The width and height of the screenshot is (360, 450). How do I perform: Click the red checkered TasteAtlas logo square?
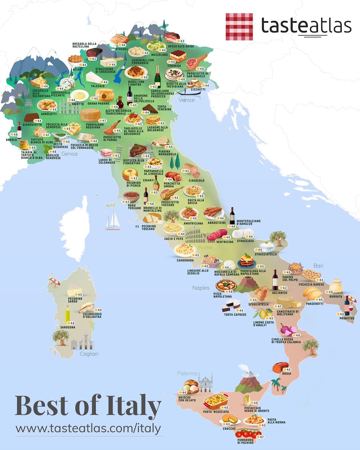239,26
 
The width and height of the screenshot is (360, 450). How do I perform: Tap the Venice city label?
187,100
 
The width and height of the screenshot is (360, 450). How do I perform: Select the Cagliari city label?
89,354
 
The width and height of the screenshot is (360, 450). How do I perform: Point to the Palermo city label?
187,373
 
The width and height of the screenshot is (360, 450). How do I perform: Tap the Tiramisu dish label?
174,66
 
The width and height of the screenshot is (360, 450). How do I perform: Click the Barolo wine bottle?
19,130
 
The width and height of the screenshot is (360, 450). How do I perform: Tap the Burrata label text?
336,296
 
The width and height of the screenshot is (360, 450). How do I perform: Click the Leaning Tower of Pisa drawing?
119,153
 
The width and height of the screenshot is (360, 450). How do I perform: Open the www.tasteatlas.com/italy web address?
88,428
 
